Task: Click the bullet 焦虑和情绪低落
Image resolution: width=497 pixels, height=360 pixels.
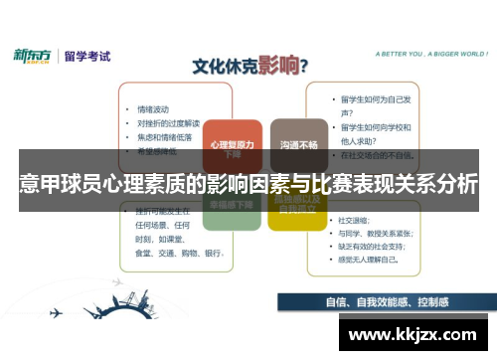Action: click(165, 136)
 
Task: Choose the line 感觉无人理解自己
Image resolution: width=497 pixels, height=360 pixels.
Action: click(375, 258)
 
